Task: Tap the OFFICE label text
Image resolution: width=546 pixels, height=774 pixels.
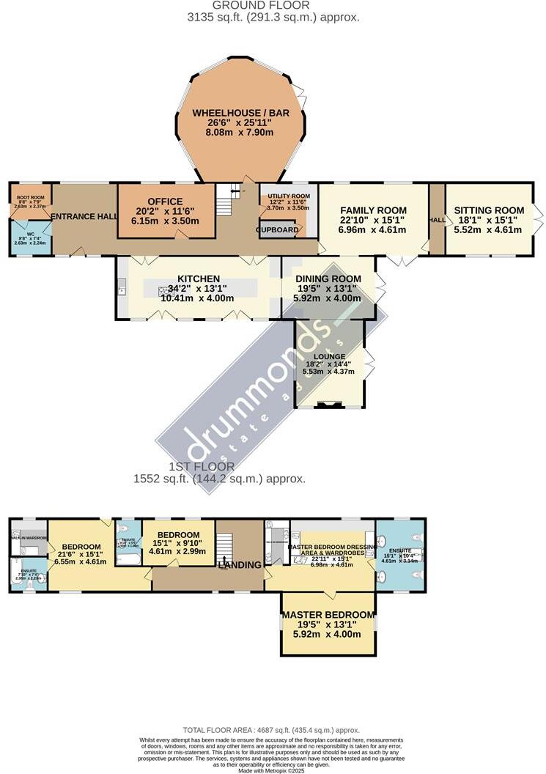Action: [164, 202]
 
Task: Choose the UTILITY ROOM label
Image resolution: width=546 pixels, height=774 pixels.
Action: [289, 197]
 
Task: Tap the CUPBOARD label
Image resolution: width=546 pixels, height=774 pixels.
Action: [278, 229]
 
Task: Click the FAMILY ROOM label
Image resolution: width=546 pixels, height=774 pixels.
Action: [373, 210]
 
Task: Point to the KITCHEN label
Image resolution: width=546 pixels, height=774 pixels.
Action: [198, 279]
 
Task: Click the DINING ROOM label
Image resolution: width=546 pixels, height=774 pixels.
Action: [328, 279]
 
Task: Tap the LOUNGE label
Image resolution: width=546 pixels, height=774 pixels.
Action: [329, 356]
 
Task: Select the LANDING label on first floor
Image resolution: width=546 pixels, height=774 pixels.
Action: [243, 564]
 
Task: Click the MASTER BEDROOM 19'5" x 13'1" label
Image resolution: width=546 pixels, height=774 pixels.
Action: [328, 614]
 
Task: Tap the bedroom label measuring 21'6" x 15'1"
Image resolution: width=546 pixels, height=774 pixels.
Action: [81, 547]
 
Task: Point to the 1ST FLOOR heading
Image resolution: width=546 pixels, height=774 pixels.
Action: [202, 466]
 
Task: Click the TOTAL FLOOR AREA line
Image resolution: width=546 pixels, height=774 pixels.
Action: [271, 730]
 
